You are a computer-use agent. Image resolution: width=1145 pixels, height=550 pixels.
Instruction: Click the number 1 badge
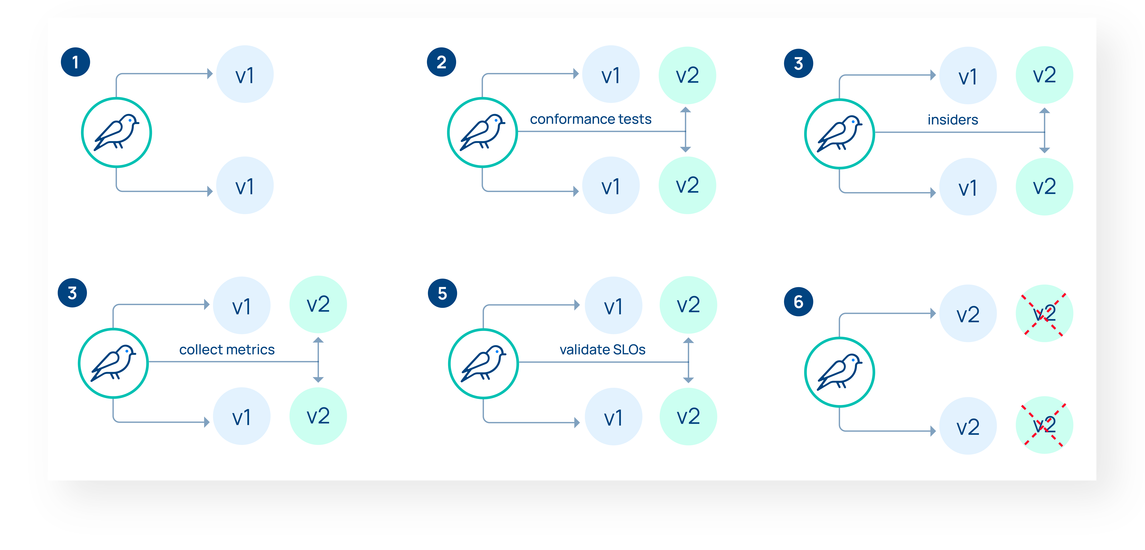click(x=76, y=62)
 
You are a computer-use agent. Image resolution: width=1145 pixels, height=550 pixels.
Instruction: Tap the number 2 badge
click(x=441, y=62)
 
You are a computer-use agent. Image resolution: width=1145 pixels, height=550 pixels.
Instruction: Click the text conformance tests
click(x=590, y=119)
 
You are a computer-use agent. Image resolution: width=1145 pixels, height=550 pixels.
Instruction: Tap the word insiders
click(x=952, y=120)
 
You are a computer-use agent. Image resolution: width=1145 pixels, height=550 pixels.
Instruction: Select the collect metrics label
click(x=227, y=350)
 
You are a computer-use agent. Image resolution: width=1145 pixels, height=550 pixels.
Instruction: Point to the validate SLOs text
click(x=602, y=350)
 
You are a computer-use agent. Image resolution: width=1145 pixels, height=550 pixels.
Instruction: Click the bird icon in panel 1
click(x=116, y=132)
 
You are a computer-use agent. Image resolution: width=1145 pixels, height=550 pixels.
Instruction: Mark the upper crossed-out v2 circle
click(x=1044, y=313)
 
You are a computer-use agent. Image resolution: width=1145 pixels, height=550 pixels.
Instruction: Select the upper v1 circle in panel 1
click(x=245, y=74)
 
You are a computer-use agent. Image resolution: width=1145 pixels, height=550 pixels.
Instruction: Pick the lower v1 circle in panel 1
click(x=245, y=185)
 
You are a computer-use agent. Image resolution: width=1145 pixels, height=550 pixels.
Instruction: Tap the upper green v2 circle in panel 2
click(x=687, y=75)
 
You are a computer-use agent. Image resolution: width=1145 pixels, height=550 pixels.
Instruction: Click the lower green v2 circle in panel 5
click(x=688, y=417)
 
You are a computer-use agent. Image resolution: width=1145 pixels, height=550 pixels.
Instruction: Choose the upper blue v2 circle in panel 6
click(x=968, y=313)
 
